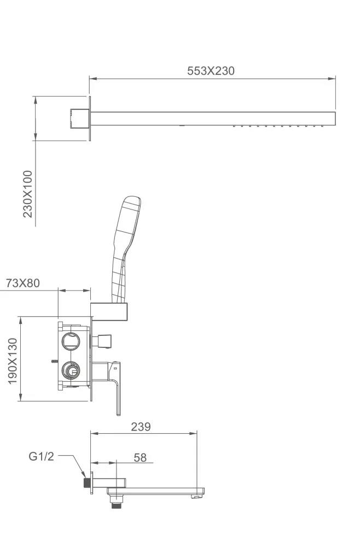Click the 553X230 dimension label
211,71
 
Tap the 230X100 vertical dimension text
27,194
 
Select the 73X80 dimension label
22,283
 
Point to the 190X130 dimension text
13,361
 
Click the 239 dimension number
141,427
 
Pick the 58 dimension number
140,458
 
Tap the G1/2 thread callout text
41,456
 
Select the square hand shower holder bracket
109,311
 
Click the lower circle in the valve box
71,370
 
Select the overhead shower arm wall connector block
78,118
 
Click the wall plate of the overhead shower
90,119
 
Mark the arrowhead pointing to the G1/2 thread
83,474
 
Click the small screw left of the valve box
54,361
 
